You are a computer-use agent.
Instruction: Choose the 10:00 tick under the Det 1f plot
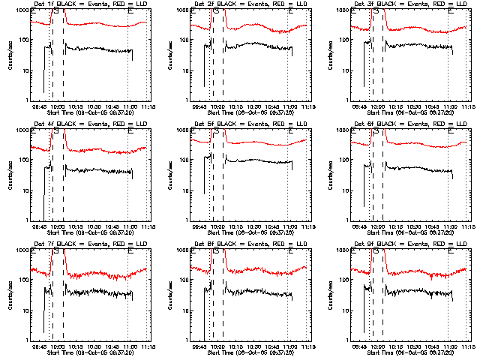58,106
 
